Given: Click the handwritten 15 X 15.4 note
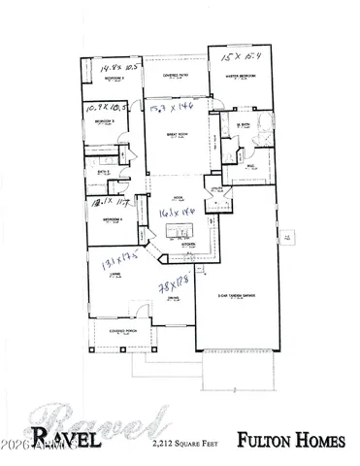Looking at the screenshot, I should pos(238,57).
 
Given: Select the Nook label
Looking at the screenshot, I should pos(178,196).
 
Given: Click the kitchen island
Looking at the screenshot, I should pos(178,230).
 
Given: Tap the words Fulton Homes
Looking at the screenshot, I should pos(291,442).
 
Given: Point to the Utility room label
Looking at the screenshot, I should pos(215,193).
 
